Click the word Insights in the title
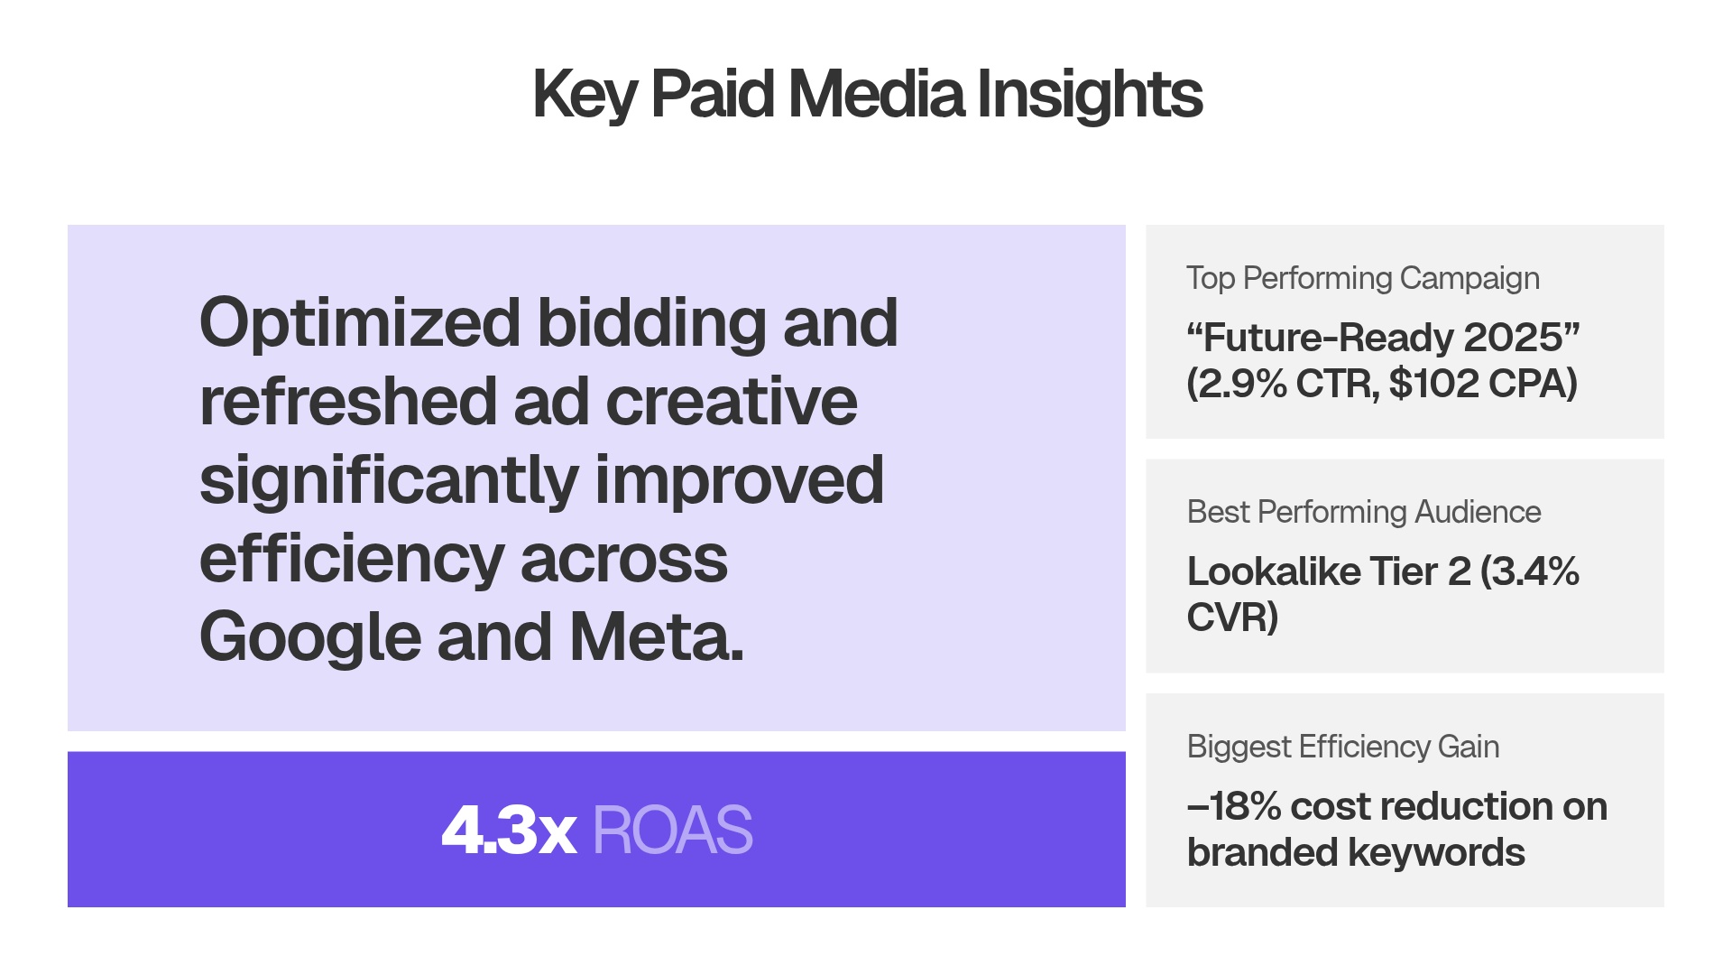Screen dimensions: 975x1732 pyautogui.click(x=1089, y=94)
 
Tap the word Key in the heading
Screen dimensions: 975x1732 pyautogui.click(x=585, y=94)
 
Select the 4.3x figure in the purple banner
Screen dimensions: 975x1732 pyautogui.click(x=509, y=830)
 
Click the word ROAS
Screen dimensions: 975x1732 pyautogui.click(x=672, y=830)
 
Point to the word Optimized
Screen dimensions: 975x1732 pyautogui.click(x=360, y=323)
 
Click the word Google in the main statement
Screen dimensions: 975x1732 pyautogui.click(x=309, y=637)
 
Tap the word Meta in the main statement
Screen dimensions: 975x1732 pyautogui.click(x=656, y=637)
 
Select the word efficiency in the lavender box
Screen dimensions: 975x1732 pyautogui.click(x=351, y=560)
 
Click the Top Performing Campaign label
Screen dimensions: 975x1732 pyautogui.click(x=1362, y=278)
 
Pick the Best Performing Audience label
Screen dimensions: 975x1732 pyautogui.click(x=1363, y=512)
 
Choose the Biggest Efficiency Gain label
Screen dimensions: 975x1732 pyautogui.click(x=1342, y=747)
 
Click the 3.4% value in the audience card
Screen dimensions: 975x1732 pyautogui.click(x=1530, y=571)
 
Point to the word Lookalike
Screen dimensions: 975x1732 pyautogui.click(x=1273, y=571)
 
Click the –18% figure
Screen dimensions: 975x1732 pyautogui.click(x=1234, y=806)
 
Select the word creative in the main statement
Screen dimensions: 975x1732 pyautogui.click(x=731, y=403)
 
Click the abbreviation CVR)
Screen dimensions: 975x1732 pyautogui.click(x=1232, y=617)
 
